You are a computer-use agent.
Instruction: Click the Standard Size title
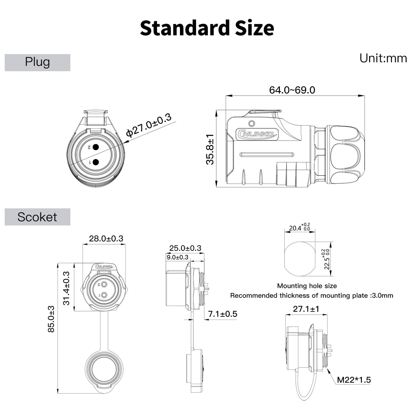point(207,28)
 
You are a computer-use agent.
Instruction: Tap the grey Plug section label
point(37,62)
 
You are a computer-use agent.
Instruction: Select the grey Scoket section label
point(37,217)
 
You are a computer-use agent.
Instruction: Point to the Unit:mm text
point(383,58)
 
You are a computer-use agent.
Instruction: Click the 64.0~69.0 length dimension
point(292,90)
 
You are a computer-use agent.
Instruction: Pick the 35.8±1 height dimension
point(210,149)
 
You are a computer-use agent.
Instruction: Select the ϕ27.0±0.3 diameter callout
point(149,125)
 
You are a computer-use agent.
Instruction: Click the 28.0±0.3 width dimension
point(106,238)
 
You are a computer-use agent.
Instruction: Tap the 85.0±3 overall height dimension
point(51,319)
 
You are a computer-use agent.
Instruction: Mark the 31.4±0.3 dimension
point(66,288)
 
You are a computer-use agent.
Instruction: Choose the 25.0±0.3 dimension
point(185,248)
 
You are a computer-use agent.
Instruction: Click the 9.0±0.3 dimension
point(177,257)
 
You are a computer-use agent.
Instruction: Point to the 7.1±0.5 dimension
point(223,314)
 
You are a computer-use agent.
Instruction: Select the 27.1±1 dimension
point(306,309)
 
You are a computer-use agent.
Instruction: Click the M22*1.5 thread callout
point(354,380)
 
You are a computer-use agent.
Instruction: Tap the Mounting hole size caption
point(307,286)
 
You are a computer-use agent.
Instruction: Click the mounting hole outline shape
point(300,259)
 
